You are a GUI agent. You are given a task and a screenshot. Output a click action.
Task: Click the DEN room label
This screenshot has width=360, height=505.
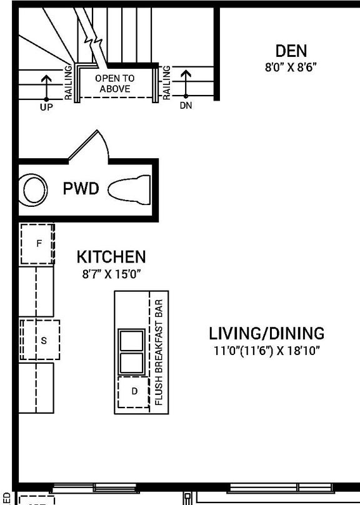(x=291, y=51)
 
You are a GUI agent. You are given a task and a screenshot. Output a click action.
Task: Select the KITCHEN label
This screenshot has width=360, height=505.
(x=111, y=257)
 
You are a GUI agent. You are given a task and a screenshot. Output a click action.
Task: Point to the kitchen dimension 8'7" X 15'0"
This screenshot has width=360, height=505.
(x=111, y=274)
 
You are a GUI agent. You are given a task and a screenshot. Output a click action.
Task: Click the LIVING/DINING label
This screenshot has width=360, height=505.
(x=266, y=332)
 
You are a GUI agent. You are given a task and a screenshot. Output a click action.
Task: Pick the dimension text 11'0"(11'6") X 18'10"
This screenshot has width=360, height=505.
(x=266, y=350)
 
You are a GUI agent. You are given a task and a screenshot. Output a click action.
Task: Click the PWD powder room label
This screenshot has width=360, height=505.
(x=81, y=189)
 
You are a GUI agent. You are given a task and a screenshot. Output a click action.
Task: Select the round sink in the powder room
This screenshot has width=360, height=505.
(x=32, y=189)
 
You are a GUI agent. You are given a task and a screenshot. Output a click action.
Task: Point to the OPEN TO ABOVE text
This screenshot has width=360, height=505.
(x=114, y=84)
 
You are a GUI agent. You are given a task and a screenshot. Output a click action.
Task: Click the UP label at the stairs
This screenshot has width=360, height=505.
(x=46, y=107)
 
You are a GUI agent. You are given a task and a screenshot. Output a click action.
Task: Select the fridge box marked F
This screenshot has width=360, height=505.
(x=38, y=244)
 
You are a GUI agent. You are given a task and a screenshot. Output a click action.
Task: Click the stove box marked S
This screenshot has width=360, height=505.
(x=42, y=340)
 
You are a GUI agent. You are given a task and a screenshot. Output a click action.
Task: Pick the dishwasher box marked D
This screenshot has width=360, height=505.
(x=134, y=391)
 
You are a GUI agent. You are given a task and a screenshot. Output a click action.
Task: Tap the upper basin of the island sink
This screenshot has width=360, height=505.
(x=132, y=340)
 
